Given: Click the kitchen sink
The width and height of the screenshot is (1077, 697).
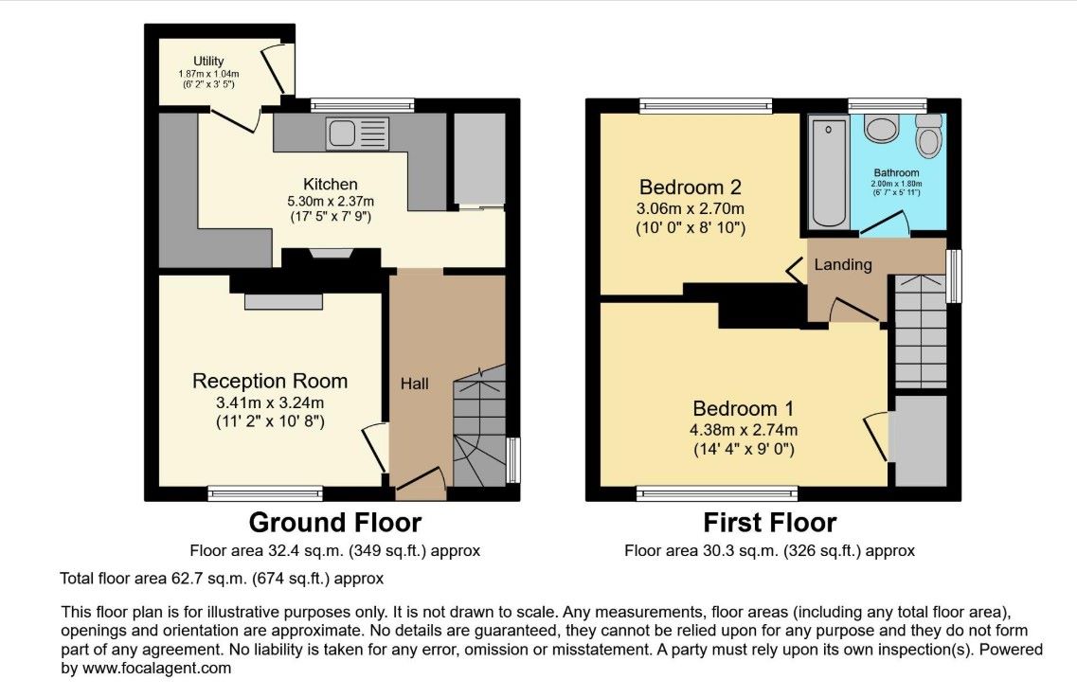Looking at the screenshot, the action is pyautogui.click(x=357, y=134).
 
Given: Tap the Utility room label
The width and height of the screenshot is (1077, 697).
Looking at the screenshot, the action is pyautogui.click(x=208, y=62).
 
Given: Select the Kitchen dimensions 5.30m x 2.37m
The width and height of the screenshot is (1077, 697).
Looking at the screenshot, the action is pyautogui.click(x=331, y=201).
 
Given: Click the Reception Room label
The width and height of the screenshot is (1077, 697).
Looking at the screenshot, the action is pyautogui.click(x=270, y=381).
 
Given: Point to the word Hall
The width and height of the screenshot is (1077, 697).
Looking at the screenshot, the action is pyautogui.click(x=415, y=384).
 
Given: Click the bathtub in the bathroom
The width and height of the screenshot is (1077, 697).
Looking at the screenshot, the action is pyautogui.click(x=829, y=171).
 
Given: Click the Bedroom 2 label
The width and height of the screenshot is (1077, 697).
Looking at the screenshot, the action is pyautogui.click(x=691, y=187).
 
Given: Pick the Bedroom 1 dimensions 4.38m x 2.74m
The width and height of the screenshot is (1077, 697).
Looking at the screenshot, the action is pyautogui.click(x=744, y=430).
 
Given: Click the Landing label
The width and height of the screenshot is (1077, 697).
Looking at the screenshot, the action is pyautogui.click(x=843, y=264).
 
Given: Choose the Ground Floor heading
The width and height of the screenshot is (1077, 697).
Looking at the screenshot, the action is pyautogui.click(x=335, y=523).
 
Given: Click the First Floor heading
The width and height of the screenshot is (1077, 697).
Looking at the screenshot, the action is pyautogui.click(x=770, y=524).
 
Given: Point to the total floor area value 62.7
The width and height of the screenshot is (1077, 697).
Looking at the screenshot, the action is pyautogui.click(x=184, y=579).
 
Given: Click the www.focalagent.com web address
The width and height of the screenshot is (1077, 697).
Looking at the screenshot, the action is pyautogui.click(x=156, y=668).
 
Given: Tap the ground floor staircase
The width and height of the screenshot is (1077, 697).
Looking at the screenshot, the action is pyautogui.click(x=479, y=426).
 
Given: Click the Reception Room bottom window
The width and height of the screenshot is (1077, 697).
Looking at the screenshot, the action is pyautogui.click(x=265, y=492).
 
